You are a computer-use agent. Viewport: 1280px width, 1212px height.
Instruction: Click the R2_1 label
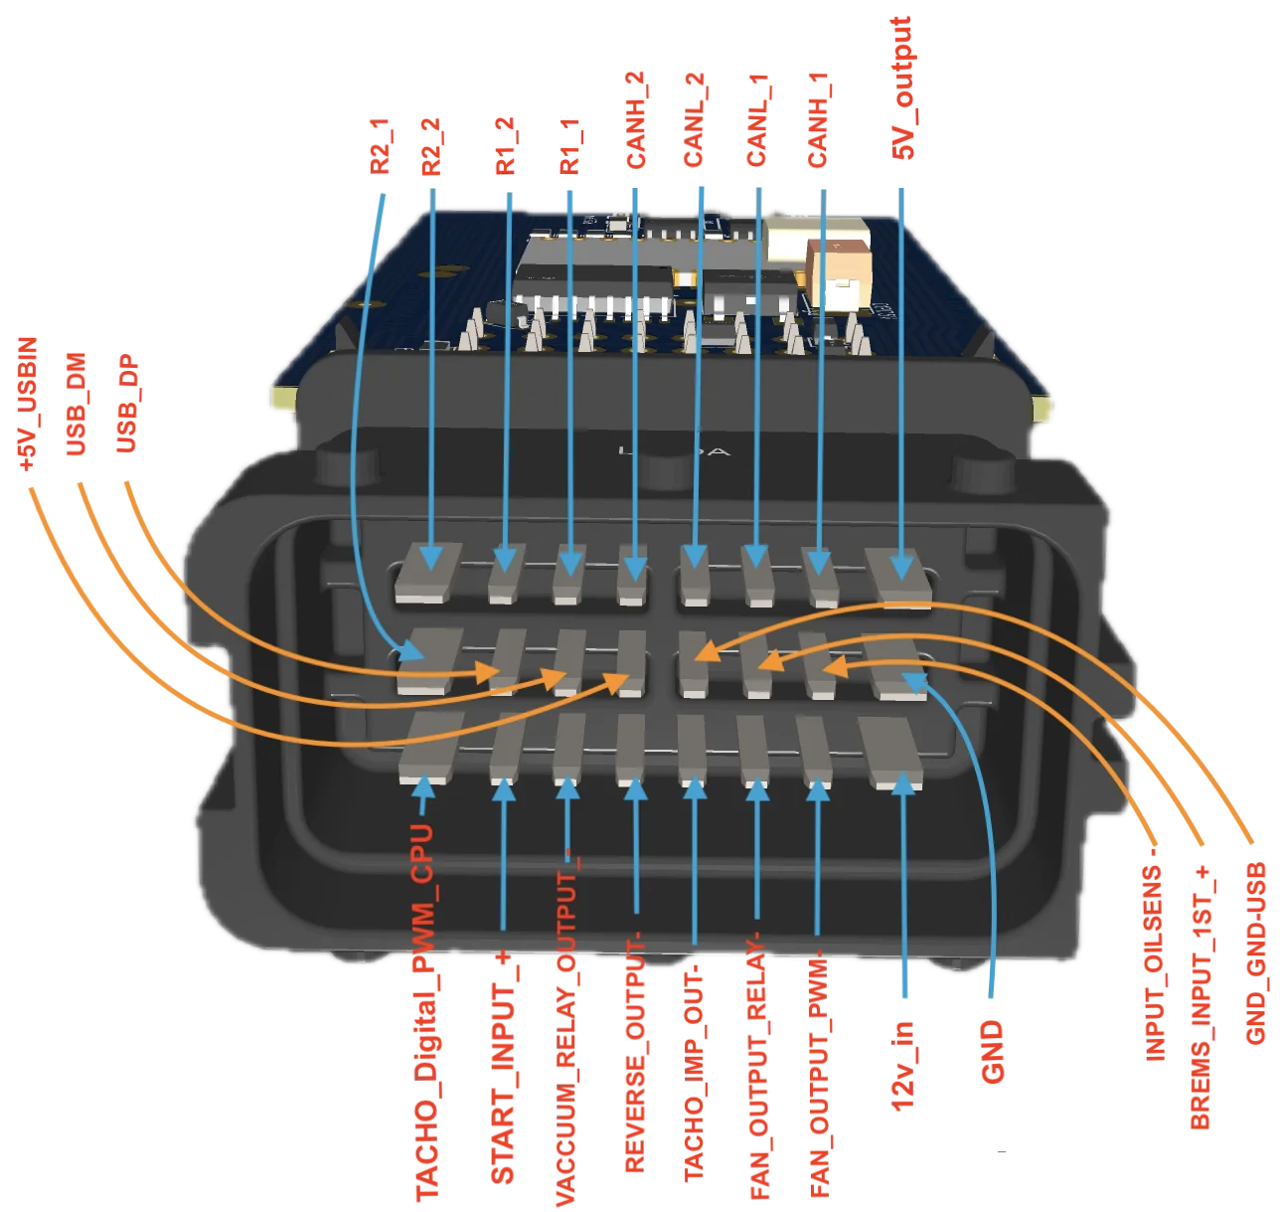(x=379, y=146)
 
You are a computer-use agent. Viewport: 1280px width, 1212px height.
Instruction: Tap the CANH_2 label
(x=635, y=120)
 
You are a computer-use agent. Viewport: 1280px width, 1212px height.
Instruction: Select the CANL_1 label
(x=756, y=120)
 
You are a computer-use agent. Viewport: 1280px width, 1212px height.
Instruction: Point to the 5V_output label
(x=901, y=87)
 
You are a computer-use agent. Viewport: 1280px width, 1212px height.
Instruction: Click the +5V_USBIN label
(x=28, y=404)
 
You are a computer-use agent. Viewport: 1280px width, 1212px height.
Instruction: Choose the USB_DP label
(x=126, y=404)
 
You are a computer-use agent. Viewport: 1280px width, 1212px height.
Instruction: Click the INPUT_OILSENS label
(x=1153, y=962)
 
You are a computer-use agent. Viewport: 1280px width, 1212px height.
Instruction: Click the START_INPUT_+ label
(x=503, y=1069)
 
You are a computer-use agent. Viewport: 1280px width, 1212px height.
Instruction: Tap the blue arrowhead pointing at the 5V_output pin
(x=901, y=567)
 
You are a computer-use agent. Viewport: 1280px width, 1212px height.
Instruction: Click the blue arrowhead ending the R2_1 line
(x=410, y=650)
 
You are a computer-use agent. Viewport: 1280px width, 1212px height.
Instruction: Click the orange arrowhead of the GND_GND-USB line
(x=706, y=651)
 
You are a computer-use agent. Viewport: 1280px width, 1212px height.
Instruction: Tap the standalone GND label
(x=992, y=1053)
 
